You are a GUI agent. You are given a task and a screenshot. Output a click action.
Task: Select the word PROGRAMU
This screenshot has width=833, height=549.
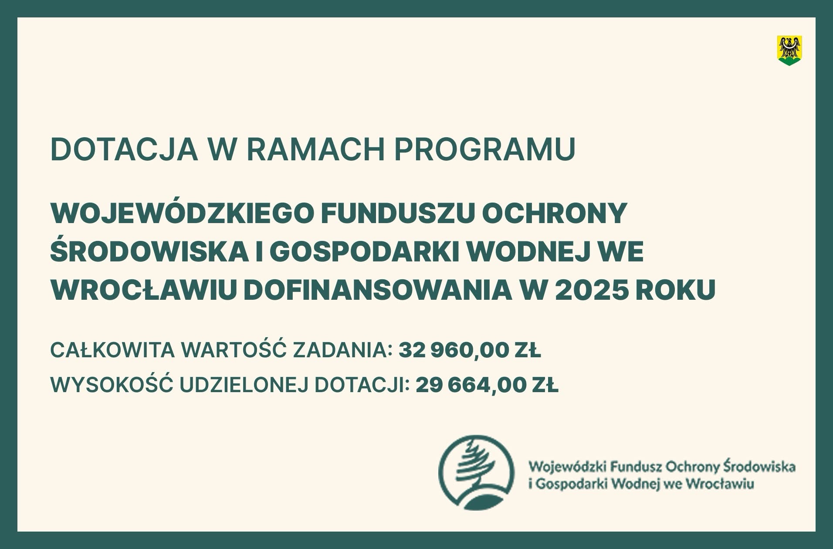click(484, 149)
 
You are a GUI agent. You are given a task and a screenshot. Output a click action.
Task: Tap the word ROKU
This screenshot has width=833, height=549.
click(675, 290)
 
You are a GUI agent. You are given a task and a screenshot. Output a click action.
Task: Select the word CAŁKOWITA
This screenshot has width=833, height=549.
click(112, 351)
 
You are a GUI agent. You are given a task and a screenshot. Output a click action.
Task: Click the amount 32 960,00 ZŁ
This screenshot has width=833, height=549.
click(470, 351)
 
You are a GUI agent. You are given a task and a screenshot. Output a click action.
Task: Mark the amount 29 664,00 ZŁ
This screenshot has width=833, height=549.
click(487, 386)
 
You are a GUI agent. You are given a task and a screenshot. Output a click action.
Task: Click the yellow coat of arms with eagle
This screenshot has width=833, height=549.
click(790, 51)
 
